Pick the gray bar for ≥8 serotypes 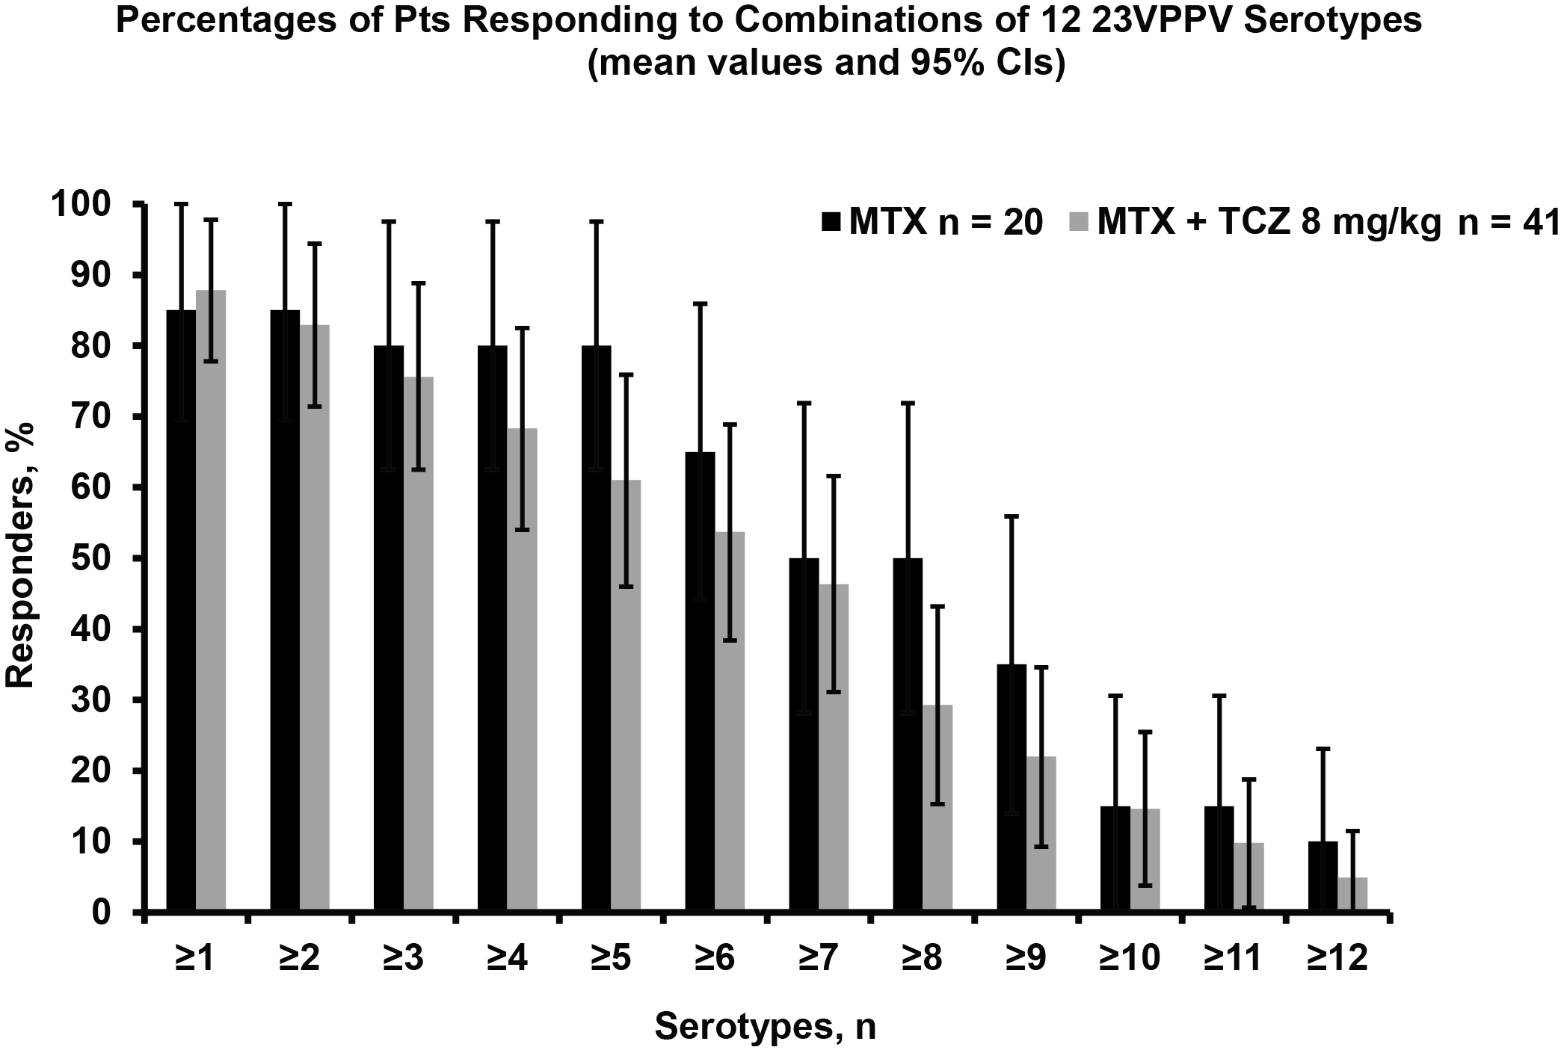pos(937,808)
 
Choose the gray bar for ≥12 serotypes pos(1352,895)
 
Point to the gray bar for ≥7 pos(833,747)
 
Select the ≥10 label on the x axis pos(1130,957)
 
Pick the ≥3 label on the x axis pos(403,957)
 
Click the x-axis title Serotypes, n pos(765,1028)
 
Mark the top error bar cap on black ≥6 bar pos(700,303)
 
